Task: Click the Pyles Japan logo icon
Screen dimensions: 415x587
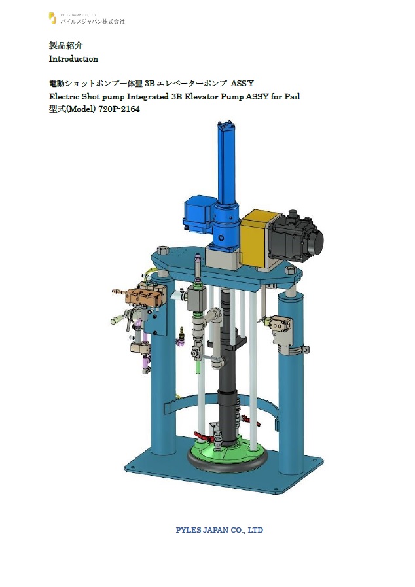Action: [53, 18]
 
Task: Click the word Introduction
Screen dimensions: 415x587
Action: [73, 59]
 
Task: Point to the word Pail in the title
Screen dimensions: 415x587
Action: [292, 97]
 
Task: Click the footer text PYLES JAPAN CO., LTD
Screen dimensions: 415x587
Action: [219, 530]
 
